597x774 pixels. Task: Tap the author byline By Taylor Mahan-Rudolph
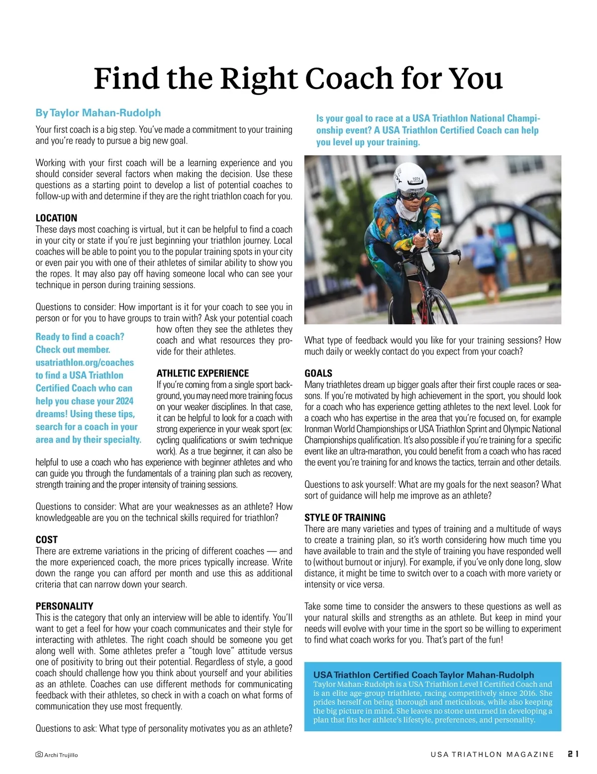pyautogui.click(x=98, y=113)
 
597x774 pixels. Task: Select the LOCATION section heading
pyautogui.click(x=56, y=218)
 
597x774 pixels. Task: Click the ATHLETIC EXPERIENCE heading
pyautogui.click(x=202, y=373)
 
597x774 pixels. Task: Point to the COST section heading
pyautogui.click(x=46, y=540)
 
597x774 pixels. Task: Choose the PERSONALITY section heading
pyautogui.click(x=64, y=606)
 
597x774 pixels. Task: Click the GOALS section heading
pyautogui.click(x=318, y=373)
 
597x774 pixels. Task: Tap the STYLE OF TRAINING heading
pyautogui.click(x=345, y=517)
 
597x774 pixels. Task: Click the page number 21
pyautogui.click(x=573, y=754)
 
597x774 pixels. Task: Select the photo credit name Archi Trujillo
pyautogui.click(x=61, y=755)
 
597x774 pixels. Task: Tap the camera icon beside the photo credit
pyautogui.click(x=39, y=755)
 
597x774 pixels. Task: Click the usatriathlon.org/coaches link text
pyautogui.click(x=85, y=363)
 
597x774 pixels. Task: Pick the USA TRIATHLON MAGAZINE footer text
pyautogui.click(x=492, y=755)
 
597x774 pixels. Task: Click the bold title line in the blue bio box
pyautogui.click(x=423, y=675)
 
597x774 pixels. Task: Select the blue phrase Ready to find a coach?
pyautogui.click(x=80, y=337)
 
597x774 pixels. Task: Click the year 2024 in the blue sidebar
pyautogui.click(x=124, y=401)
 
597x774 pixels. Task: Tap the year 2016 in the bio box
pyautogui.click(x=525, y=693)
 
